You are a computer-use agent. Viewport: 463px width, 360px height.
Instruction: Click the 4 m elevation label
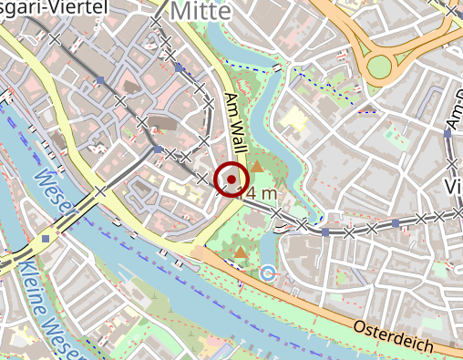click(x=261, y=193)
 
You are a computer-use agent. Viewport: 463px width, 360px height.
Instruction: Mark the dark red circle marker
click(x=231, y=179)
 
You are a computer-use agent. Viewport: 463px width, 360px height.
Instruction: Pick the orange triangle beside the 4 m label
click(x=257, y=167)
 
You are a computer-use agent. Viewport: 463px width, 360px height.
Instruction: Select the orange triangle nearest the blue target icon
click(x=240, y=252)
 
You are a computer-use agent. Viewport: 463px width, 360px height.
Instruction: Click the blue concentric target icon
click(x=268, y=273)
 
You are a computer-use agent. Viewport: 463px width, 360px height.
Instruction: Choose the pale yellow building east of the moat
click(x=293, y=118)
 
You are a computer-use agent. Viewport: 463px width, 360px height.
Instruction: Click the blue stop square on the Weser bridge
click(x=45, y=238)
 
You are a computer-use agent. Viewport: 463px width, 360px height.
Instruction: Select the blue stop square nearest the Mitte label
click(x=178, y=67)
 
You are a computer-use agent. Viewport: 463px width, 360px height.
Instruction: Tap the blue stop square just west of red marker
click(x=159, y=149)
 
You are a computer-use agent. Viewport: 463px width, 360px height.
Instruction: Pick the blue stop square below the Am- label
click(x=448, y=134)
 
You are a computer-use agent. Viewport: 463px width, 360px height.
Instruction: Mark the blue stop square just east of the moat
click(x=325, y=231)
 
